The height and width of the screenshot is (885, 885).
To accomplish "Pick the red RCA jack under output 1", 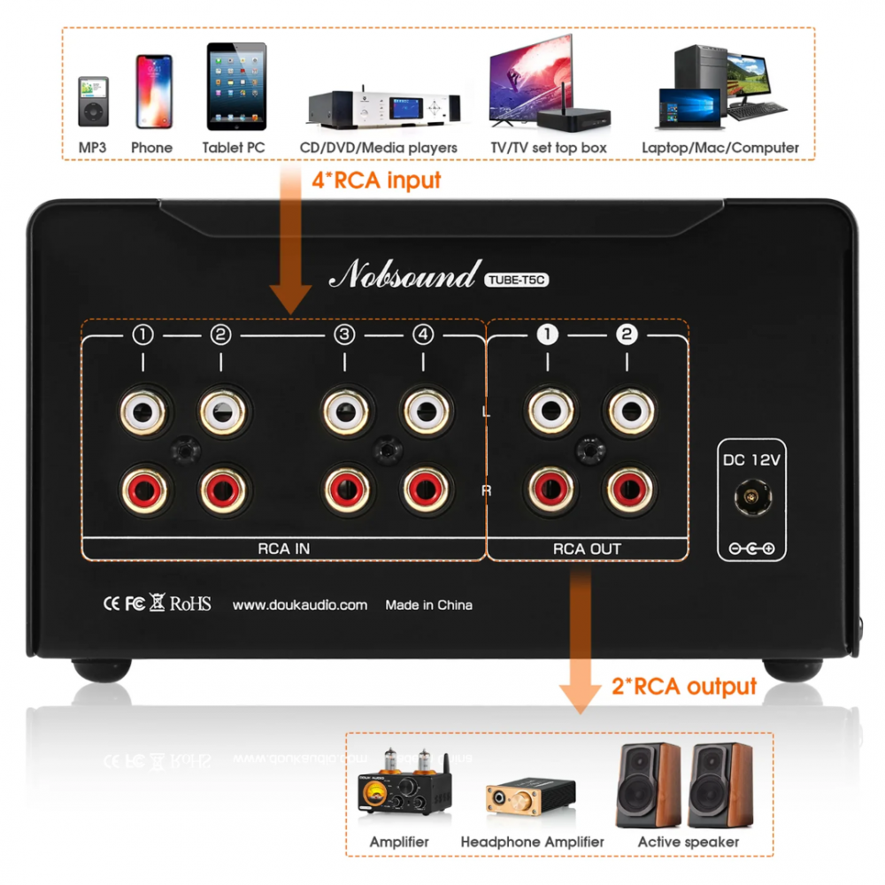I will tap(550, 489).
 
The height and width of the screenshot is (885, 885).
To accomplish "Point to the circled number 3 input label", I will tap(344, 335).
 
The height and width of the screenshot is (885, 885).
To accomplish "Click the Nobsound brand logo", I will tap(402, 277).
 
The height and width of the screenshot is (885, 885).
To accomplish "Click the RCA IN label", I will tap(283, 549).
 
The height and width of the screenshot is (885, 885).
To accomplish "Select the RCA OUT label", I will tap(587, 549).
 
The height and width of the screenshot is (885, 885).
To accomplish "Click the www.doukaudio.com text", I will tap(299, 605).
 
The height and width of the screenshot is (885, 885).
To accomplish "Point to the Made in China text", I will tap(428, 605).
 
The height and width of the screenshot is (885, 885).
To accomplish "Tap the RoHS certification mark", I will tap(190, 604).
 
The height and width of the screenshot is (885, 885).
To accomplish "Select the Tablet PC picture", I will tap(235, 88).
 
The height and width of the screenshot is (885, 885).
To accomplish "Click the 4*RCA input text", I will tap(375, 181).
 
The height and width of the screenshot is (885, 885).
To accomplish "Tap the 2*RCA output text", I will tap(684, 686).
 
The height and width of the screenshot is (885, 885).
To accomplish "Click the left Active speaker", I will tap(648, 786).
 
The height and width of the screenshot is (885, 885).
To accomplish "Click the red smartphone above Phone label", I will tap(153, 91).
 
